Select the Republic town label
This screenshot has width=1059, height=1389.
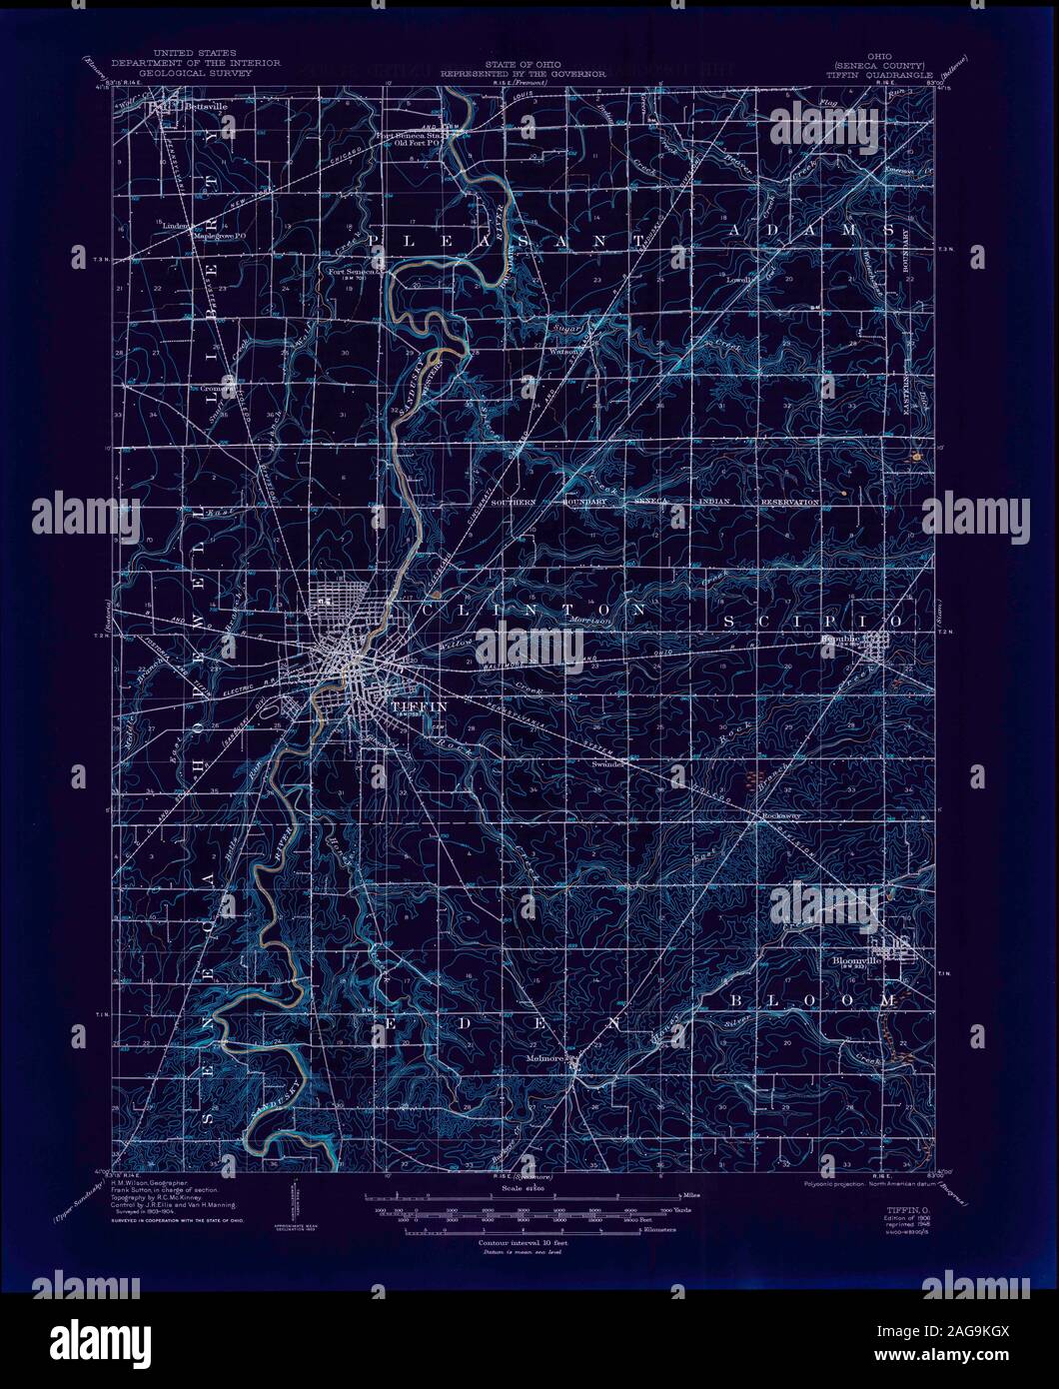839,638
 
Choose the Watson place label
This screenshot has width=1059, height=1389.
565,351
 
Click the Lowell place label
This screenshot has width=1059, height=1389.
740,280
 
